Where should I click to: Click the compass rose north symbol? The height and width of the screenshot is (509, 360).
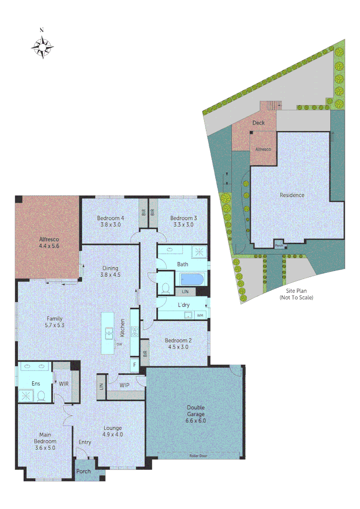42,46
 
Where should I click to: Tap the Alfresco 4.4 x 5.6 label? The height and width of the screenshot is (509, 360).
49,242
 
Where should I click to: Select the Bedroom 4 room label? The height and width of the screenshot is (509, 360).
111,221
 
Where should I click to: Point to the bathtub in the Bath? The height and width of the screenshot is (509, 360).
191,280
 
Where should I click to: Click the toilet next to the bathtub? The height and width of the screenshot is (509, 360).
165,287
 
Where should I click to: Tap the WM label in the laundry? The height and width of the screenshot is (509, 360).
200,315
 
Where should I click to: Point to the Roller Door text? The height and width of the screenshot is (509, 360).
198,456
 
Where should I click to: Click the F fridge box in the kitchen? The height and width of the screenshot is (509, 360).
135,364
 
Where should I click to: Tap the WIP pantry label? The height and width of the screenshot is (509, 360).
124,385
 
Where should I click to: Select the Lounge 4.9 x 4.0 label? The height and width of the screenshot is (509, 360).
113,431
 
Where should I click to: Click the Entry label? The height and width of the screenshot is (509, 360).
85,442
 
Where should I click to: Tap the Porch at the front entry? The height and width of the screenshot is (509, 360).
83,471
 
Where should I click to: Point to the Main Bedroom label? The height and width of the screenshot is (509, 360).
45,441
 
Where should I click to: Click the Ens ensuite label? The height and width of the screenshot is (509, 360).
36,384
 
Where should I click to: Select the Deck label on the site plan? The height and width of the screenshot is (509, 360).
258,123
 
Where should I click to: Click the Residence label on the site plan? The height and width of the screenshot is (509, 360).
292,195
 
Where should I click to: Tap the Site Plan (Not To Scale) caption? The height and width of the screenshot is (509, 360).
296,294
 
